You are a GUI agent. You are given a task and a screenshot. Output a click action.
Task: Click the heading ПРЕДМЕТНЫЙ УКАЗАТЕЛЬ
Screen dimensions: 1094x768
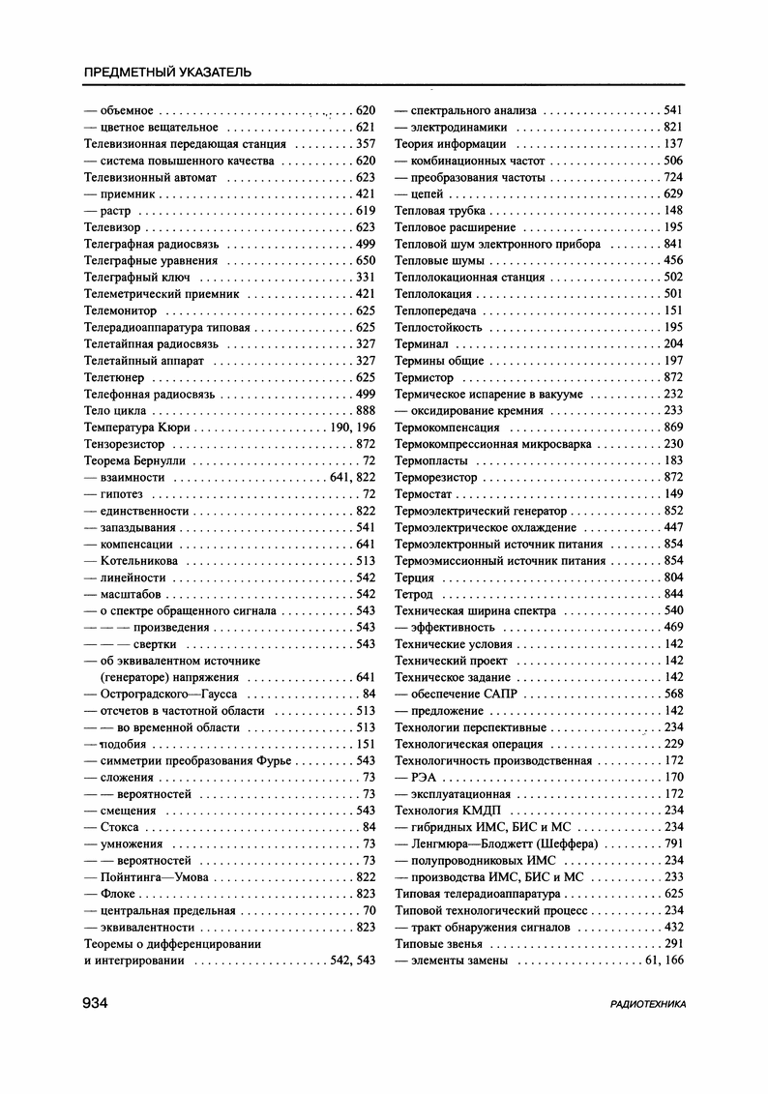pos(168,72)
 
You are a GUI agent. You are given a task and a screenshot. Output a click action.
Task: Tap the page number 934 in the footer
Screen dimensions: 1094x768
pos(95,1003)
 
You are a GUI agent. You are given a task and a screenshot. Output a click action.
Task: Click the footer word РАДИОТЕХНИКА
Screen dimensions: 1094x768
pos(648,1005)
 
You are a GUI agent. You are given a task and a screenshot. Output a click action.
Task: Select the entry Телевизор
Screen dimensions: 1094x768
pos(113,227)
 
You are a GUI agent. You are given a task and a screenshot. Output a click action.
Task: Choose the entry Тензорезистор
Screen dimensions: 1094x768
pos(125,444)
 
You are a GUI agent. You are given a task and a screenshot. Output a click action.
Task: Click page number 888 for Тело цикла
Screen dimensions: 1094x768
pos(365,410)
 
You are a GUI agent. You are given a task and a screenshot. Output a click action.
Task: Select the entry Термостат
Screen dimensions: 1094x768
pos(423,494)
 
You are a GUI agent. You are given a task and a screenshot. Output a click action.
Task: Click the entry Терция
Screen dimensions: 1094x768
pos(415,577)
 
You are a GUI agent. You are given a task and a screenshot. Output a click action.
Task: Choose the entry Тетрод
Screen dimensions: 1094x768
pos(414,594)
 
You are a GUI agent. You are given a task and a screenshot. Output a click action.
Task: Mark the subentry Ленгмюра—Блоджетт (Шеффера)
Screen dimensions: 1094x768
pos(504,843)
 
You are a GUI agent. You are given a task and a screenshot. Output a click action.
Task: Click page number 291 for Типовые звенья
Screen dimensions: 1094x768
pos(673,943)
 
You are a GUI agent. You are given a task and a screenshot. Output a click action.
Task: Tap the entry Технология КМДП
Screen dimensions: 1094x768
pos(450,810)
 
